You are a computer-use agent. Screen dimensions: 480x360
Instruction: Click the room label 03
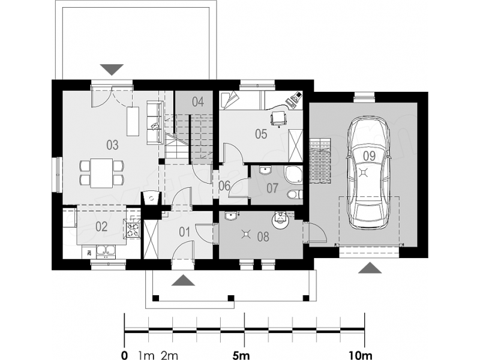coord(112,145)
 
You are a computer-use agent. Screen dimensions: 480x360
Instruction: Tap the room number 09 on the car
coord(369,156)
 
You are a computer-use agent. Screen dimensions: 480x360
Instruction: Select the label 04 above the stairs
coord(198,102)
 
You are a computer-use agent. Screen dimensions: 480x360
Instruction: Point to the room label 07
coord(272,188)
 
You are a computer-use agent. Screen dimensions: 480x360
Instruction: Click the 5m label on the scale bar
coord(241,355)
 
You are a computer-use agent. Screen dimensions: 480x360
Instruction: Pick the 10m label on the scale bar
coord(361,355)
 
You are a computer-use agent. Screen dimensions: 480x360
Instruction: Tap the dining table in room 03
coord(102,173)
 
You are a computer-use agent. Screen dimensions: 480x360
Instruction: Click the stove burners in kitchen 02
coord(133,229)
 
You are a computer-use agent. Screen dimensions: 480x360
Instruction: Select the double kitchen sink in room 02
coord(106,251)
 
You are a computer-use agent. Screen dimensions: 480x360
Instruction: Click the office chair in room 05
coord(278,118)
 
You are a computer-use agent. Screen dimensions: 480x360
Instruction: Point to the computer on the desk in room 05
coord(294,98)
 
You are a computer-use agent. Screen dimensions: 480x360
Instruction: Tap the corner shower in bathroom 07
coord(293,174)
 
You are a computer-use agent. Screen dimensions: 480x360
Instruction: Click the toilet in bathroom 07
coord(295,194)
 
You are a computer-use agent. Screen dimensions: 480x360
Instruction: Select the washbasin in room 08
coord(230,216)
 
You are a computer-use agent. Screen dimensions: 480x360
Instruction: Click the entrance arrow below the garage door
coord(370,268)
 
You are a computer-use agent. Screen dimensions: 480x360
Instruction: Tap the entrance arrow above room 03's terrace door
coord(112,70)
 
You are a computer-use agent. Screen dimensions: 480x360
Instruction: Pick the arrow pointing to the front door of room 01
coord(183,280)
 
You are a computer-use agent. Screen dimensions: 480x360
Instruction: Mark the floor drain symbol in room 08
coord(246,235)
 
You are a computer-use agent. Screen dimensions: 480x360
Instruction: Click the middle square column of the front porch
coord(231,298)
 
